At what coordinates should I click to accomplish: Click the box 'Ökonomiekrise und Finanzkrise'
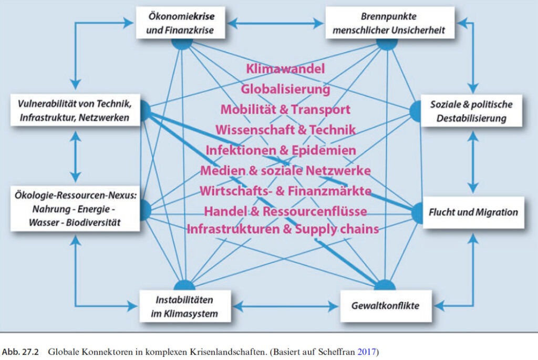(x=180, y=23)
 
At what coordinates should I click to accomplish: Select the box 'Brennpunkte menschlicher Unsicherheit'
(x=389, y=23)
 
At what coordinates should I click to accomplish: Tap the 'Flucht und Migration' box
(x=473, y=212)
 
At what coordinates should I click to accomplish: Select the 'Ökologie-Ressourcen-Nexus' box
(x=75, y=209)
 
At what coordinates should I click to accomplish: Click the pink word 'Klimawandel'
(x=285, y=69)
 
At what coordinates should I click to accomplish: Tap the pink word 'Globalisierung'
(x=285, y=89)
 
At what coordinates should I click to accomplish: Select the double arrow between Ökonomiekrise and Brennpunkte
(x=275, y=23)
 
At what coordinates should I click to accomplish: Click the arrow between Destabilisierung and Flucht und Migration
(x=474, y=161)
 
